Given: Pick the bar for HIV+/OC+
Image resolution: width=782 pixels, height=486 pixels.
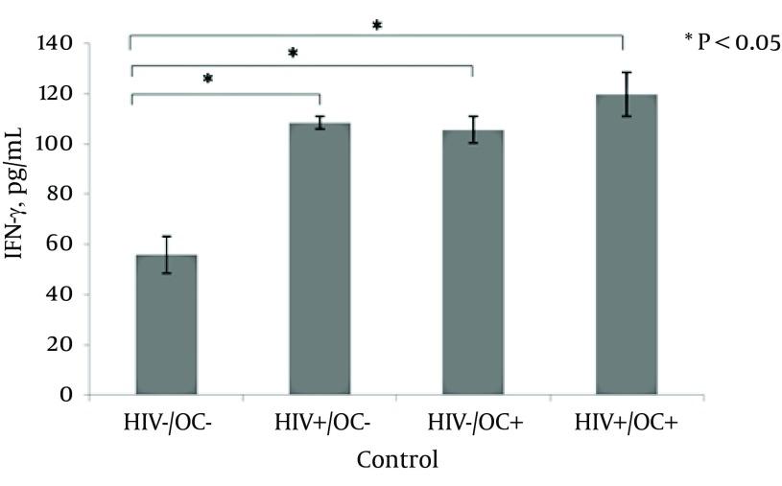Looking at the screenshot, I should pyautogui.click(x=626, y=244).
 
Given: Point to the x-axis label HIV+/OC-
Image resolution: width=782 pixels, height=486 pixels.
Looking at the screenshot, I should pyautogui.click(x=320, y=424).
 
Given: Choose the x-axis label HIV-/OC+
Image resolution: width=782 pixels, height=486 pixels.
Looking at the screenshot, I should pyautogui.click(x=472, y=424).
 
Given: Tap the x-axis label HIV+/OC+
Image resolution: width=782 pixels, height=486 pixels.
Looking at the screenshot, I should pyautogui.click(x=626, y=424).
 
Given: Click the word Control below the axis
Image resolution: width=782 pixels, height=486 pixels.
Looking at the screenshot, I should pyautogui.click(x=397, y=460).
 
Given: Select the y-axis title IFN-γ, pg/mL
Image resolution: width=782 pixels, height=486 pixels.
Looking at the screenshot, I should pyautogui.click(x=21, y=220).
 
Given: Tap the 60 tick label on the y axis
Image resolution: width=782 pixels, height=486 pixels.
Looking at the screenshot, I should pyautogui.click(x=61, y=244).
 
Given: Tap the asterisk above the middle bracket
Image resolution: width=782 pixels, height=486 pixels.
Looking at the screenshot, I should pyautogui.click(x=293, y=54).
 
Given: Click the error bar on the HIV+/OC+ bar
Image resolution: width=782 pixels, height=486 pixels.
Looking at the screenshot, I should pyautogui.click(x=626, y=94).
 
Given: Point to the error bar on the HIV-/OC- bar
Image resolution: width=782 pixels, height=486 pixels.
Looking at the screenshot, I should pyautogui.click(x=166, y=254).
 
